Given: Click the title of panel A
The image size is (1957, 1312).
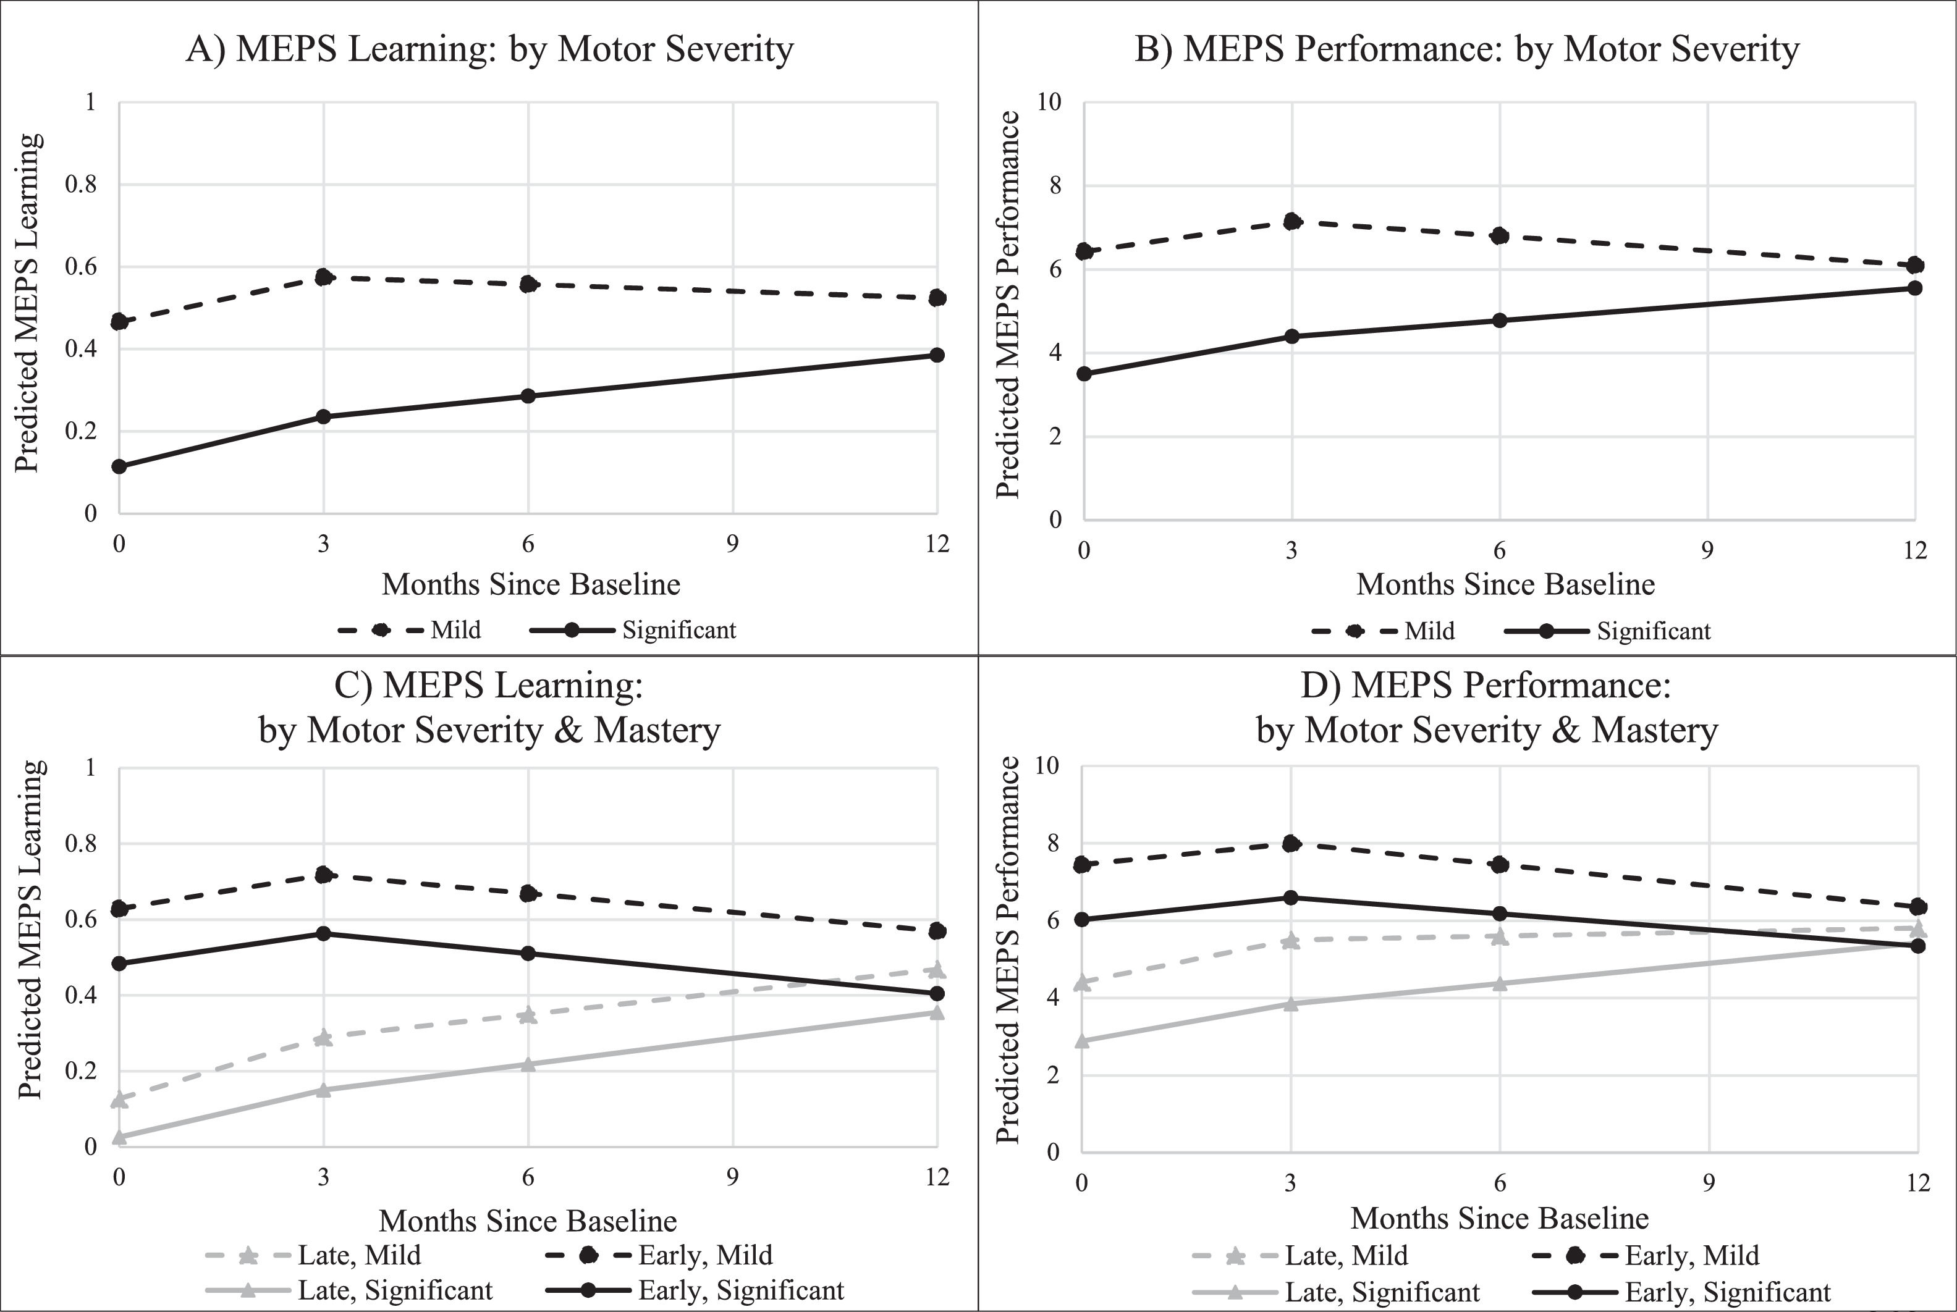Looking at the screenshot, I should pyautogui.click(x=489, y=49).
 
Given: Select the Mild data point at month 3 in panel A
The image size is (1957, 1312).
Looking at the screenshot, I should pyautogui.click(x=324, y=277).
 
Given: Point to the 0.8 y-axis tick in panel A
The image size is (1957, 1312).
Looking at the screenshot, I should pyautogui.click(x=81, y=184).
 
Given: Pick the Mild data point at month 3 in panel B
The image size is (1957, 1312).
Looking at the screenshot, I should pyautogui.click(x=1291, y=222).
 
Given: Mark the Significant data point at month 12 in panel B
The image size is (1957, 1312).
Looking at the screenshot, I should pyautogui.click(x=1915, y=288).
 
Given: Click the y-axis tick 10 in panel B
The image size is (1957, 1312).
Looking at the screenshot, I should pyautogui.click(x=1048, y=102).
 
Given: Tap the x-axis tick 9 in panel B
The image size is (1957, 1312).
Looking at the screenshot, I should pyautogui.click(x=1707, y=550).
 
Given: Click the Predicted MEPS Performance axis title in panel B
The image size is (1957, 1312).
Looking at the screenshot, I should pyautogui.click(x=1008, y=305).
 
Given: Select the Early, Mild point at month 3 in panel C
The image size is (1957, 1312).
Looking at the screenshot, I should pyautogui.click(x=324, y=875).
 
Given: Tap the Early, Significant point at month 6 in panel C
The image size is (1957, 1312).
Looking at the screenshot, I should pyautogui.click(x=528, y=954).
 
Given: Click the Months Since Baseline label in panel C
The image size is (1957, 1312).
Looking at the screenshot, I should pyautogui.click(x=528, y=1221).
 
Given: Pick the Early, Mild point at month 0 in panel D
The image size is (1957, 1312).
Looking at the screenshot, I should pyautogui.click(x=1081, y=864).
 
